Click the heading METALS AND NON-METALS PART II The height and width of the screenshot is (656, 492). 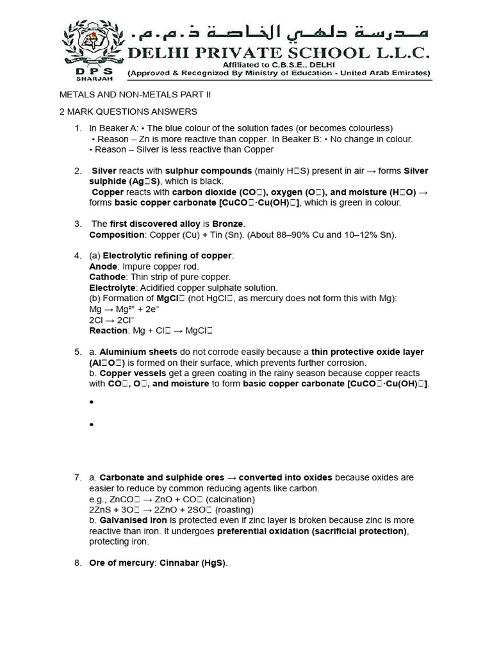[135, 95]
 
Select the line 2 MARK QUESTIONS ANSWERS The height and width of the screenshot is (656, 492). [128, 112]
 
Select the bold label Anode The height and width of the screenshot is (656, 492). [103, 266]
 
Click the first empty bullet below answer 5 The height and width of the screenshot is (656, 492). [92, 402]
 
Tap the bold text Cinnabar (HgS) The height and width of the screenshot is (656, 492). [190, 563]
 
